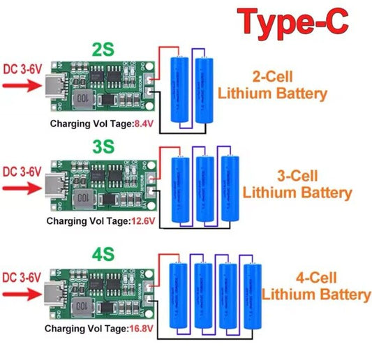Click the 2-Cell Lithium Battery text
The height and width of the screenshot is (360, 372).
pyautogui.click(x=271, y=86)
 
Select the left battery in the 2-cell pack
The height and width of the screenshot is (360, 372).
pyautogui.click(x=181, y=90)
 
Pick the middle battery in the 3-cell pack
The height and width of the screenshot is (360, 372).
pyautogui.click(x=204, y=189)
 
